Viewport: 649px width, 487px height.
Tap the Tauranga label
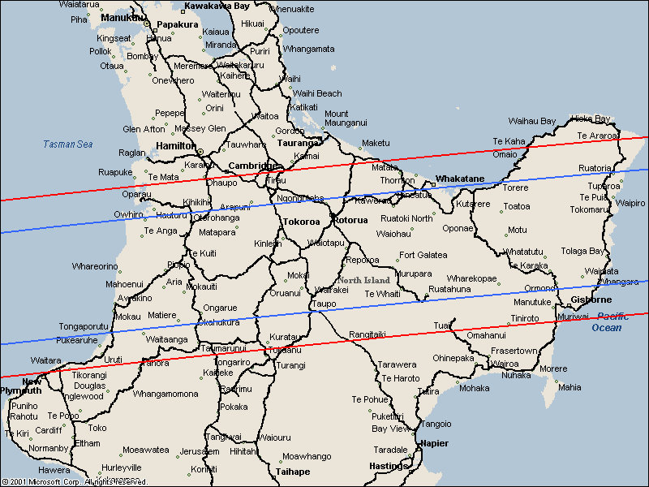coord(299,143)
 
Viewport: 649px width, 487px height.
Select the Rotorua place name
coord(350,220)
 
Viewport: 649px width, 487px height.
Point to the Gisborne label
coord(591,300)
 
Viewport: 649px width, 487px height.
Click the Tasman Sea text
coord(68,144)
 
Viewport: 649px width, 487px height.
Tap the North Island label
coord(364,280)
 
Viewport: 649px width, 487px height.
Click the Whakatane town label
coord(460,179)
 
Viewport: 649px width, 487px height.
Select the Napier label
coord(434,443)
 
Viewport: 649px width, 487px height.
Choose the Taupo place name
coord(324,304)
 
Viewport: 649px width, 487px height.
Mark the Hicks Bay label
coord(591,119)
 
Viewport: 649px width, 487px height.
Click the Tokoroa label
coord(301,221)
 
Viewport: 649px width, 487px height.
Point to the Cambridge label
coord(253,165)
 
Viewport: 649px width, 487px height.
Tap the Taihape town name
coord(293,471)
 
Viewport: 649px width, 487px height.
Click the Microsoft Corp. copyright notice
coord(68,481)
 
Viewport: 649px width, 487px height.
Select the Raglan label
coord(132,153)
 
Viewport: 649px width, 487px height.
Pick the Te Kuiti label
coord(202,253)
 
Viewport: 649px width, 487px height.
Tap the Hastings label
coord(388,466)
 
